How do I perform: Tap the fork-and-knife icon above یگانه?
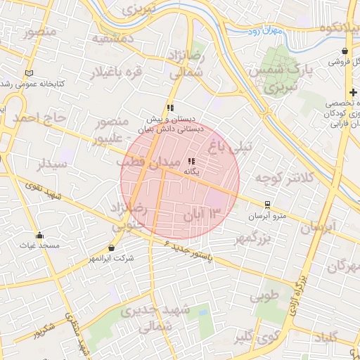pyautogui.click(x=192, y=162)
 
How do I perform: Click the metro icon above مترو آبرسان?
pyautogui.click(x=266, y=205)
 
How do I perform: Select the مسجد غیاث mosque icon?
pyautogui.click(x=39, y=236)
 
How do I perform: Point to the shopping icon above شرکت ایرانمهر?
pyautogui.click(x=112, y=247)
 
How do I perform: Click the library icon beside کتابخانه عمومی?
pyautogui.click(x=29, y=73)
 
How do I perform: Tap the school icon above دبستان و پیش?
pyautogui.click(x=170, y=108)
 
